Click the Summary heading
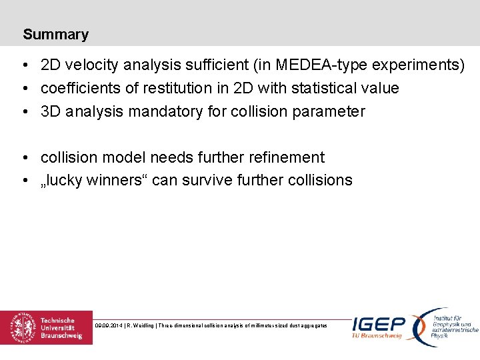tap(55, 35)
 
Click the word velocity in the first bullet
tap(91, 65)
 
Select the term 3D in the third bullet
tap(51, 111)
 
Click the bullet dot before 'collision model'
tap(24, 158)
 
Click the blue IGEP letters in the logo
tap(379, 324)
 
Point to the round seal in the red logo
tap(23, 327)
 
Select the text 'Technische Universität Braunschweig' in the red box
tap(61, 328)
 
